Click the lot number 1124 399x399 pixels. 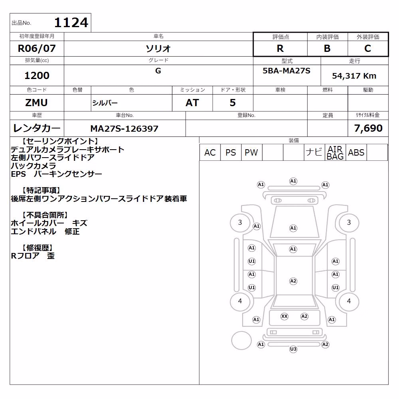(71, 22)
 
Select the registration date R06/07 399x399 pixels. (37, 48)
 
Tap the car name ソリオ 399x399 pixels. (158, 48)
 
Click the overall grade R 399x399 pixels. (280, 48)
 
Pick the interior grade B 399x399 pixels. (327, 48)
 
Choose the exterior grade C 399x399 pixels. (368, 48)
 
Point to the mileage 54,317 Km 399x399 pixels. (354, 76)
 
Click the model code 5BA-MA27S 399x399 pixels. (286, 71)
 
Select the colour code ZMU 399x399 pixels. (36, 103)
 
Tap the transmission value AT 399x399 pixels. (192, 103)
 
